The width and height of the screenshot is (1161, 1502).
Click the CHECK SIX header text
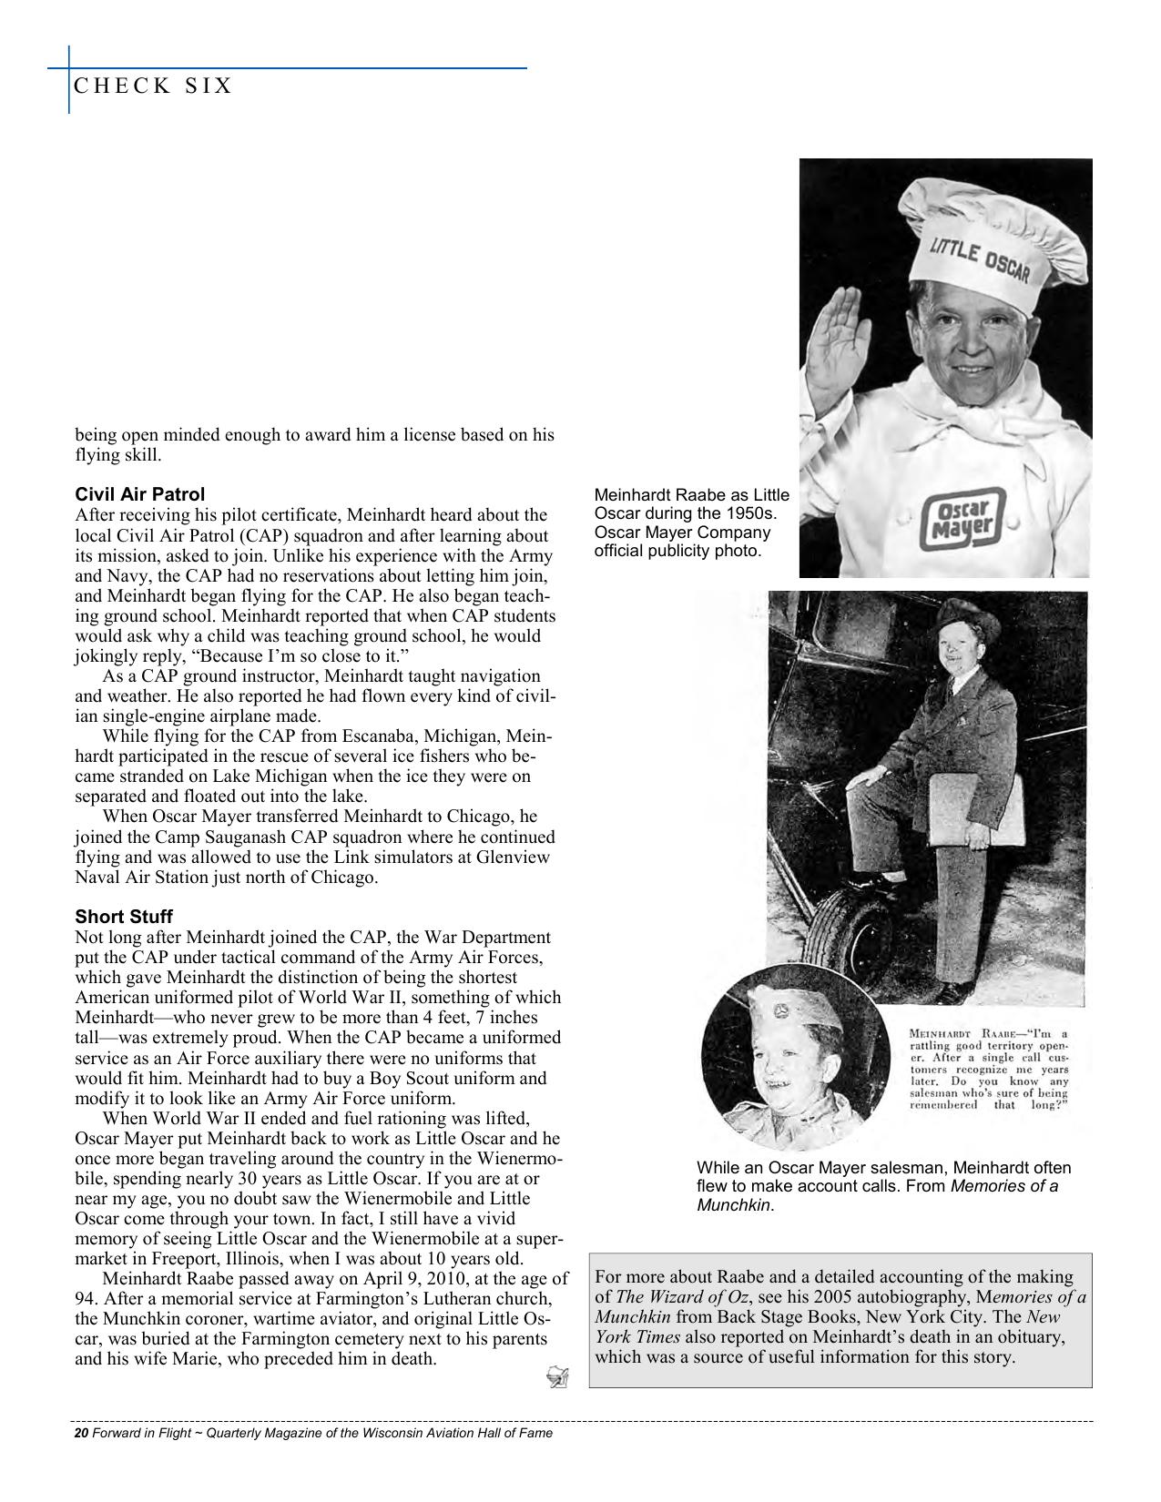pos(153,86)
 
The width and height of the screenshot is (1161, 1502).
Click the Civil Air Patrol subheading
pos(139,494)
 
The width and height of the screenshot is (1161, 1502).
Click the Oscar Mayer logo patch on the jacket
pos(963,521)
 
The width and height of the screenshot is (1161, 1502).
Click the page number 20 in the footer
pos(80,1432)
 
